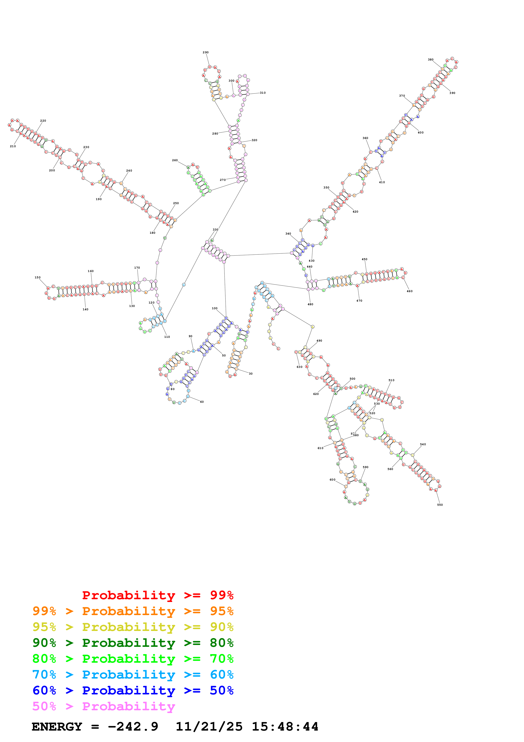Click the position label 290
pos(206,52)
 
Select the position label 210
pos(13,146)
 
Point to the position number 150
pos(38,278)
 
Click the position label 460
pos(409,291)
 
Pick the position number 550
pos(440,505)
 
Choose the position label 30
pos(250,374)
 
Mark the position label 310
pos(263,93)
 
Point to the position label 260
pos(175,160)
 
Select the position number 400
pos(420,132)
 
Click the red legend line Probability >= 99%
pos(157,595)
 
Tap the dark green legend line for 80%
pos(133,643)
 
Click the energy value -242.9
pos(133,727)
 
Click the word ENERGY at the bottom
pos(57,727)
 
